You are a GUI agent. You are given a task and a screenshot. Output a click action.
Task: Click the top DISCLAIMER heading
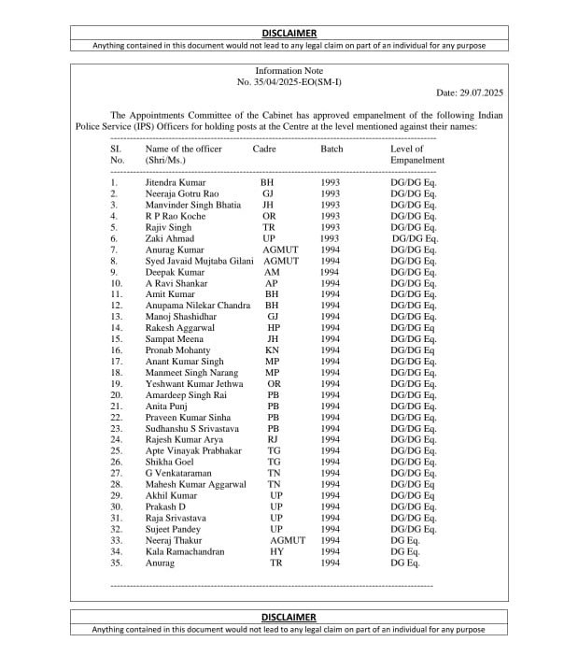pos(289,33)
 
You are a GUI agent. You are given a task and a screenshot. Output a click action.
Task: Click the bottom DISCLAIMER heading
pos(289,617)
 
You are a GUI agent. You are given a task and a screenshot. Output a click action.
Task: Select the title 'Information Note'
pos(289,71)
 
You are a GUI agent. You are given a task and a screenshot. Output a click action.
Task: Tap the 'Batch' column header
pos(331,149)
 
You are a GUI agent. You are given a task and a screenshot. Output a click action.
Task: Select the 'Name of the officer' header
pos(183,149)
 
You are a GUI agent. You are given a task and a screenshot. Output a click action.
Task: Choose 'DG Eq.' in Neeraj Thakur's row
pos(405,541)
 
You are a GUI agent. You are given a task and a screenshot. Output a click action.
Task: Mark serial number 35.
pos(117,563)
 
